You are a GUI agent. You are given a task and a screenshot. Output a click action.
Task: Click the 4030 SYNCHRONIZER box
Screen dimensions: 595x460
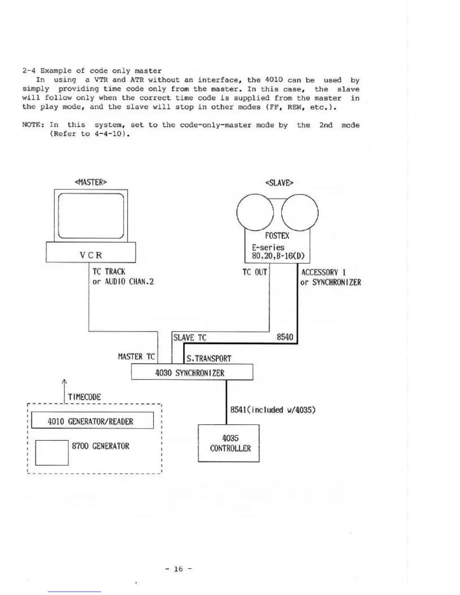pyautogui.click(x=192, y=373)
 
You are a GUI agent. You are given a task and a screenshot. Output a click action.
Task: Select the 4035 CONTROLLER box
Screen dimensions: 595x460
pyautogui.click(x=228, y=443)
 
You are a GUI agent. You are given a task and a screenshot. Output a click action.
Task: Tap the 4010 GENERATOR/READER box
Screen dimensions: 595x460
pyautogui.click(x=92, y=421)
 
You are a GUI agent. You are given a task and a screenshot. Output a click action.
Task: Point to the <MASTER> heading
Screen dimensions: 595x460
pyautogui.click(x=91, y=182)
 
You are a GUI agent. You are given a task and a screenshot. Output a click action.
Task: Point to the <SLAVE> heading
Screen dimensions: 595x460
pyautogui.click(x=279, y=183)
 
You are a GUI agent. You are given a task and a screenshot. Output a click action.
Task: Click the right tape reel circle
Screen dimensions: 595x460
pyautogui.click(x=300, y=213)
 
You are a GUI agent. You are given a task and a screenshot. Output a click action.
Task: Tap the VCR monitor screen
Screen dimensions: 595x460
pyautogui.click(x=91, y=216)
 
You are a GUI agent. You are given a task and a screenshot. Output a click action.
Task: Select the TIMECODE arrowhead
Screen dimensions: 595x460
pyautogui.click(x=64, y=382)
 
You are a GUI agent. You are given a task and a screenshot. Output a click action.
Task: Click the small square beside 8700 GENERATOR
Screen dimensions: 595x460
pyautogui.click(x=52, y=453)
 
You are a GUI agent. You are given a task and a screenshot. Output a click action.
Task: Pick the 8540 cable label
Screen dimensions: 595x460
pyautogui.click(x=284, y=337)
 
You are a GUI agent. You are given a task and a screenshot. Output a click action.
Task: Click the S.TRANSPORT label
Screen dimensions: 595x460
pyautogui.click(x=209, y=359)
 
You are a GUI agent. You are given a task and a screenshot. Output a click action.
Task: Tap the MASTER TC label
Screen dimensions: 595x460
pyautogui.click(x=136, y=357)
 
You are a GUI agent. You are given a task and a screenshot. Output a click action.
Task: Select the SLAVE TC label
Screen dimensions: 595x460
pyautogui.click(x=190, y=338)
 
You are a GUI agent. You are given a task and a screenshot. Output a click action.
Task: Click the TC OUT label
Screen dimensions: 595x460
pyautogui.click(x=254, y=272)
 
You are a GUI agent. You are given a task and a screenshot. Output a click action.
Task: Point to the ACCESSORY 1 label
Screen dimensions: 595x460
pyautogui.click(x=324, y=272)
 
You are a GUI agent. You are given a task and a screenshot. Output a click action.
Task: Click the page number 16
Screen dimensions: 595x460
pyautogui.click(x=178, y=569)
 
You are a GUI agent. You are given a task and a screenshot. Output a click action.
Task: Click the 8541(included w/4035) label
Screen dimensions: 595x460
pyautogui.click(x=272, y=409)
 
